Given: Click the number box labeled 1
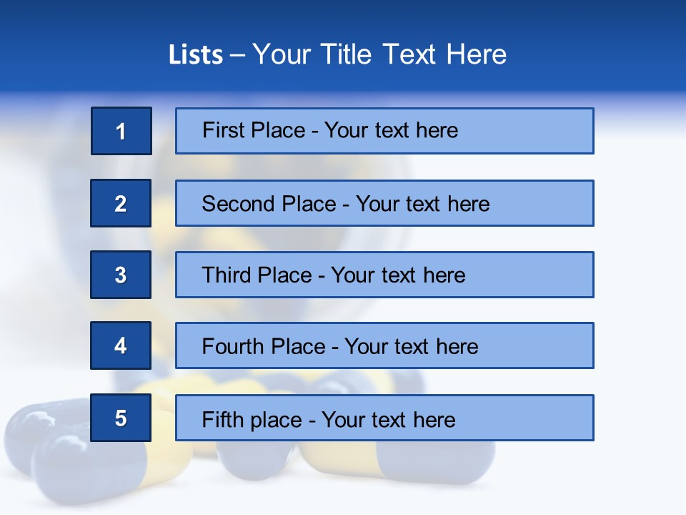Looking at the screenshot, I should click(121, 131).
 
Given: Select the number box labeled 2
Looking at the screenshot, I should click(121, 203).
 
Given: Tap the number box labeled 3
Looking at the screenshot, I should click(121, 275).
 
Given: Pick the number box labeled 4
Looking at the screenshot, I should click(121, 345).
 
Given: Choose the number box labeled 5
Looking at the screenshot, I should click(121, 418).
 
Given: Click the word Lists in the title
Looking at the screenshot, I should click(196, 55).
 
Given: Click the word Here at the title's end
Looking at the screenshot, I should click(476, 55).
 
